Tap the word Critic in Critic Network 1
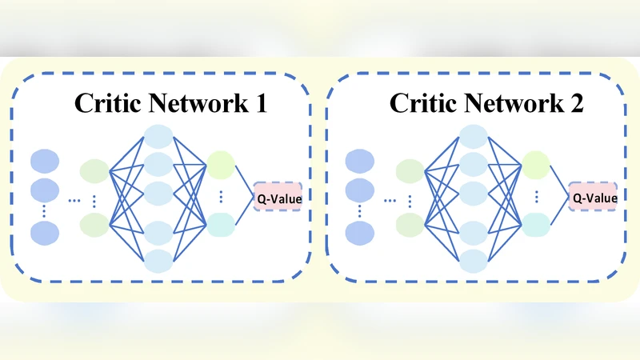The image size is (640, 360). pos(104,104)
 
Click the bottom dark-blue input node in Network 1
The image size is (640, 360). pos(45,233)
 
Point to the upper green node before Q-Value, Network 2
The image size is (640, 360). pos(535,166)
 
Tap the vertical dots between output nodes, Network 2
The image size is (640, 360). pos(535,197)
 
